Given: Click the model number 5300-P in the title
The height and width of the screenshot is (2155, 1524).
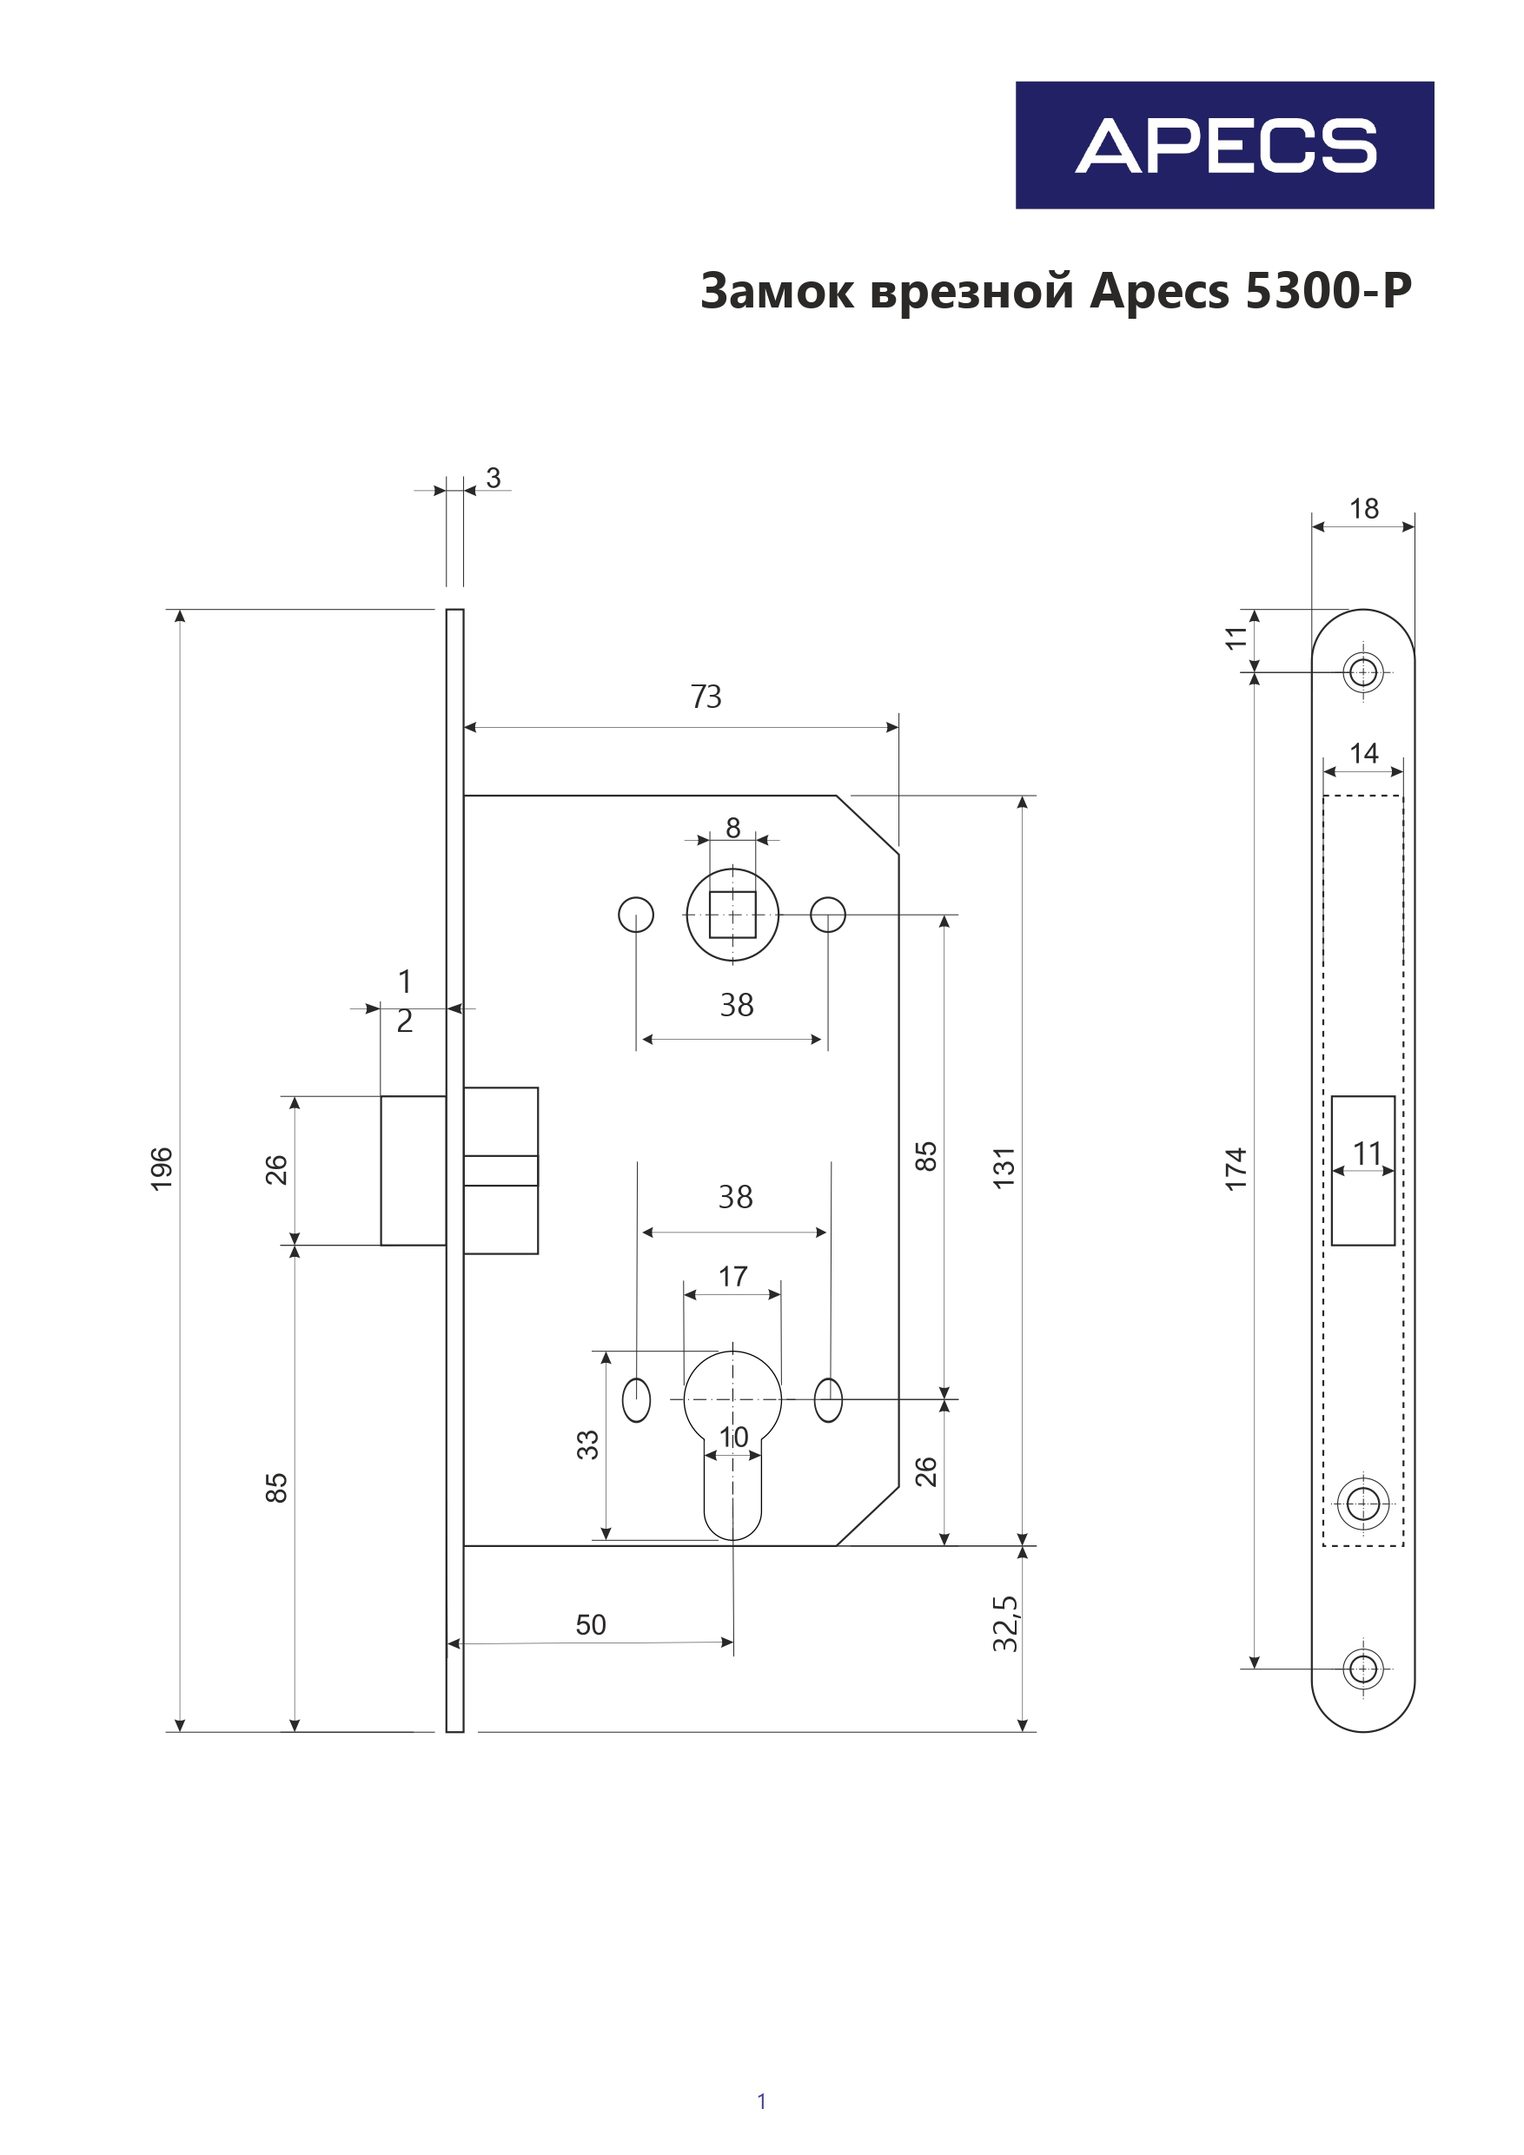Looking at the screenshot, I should (x=1328, y=291).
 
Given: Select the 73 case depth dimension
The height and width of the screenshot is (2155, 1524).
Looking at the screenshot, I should (x=706, y=697).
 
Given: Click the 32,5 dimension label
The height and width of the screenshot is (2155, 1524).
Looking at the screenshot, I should (x=1004, y=1623).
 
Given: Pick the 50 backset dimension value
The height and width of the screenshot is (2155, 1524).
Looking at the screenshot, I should (x=591, y=1624).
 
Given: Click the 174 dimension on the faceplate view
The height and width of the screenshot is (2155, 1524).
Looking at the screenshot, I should (x=1236, y=1168).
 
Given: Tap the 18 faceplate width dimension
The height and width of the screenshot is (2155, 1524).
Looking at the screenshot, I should (x=1363, y=509).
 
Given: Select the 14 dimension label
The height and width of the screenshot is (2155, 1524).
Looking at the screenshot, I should (x=1363, y=753).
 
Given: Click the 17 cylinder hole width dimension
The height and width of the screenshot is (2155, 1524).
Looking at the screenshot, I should (x=732, y=1277).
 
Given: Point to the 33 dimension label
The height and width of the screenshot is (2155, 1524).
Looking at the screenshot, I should (x=588, y=1444).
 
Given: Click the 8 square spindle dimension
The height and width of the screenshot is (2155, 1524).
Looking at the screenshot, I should (x=732, y=828).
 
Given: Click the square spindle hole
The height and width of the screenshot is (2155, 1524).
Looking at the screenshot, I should (x=732, y=914).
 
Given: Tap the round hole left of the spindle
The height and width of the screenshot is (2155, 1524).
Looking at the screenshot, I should (x=636, y=914).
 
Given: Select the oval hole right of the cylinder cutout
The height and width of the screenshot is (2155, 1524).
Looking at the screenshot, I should (x=828, y=1400).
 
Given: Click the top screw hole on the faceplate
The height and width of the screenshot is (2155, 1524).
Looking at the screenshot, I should (x=1362, y=672).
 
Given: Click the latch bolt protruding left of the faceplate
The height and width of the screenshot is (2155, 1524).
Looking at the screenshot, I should (x=414, y=1170).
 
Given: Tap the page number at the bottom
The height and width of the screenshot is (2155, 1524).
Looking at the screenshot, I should (x=761, y=2101).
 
